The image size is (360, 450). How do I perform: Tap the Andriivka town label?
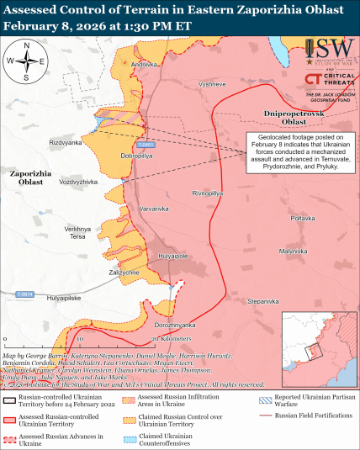coord(144,65)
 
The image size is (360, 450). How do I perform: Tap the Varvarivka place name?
coord(154,208)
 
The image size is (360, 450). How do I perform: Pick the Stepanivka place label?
coord(263,300)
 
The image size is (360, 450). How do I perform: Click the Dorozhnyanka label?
coord(175,325)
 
